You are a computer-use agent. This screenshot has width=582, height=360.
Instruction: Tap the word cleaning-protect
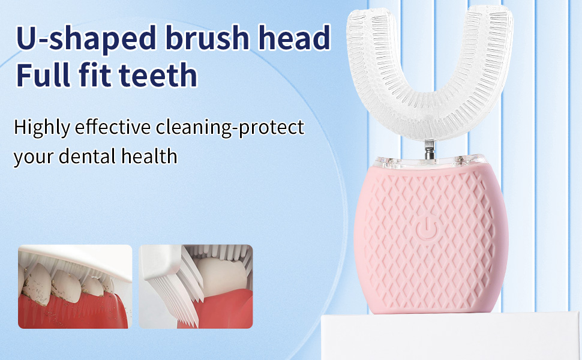(x=230, y=128)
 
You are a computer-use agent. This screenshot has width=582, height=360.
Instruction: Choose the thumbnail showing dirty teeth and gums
(x=75, y=286)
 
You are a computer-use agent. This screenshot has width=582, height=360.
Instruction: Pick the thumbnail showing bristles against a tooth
(x=196, y=286)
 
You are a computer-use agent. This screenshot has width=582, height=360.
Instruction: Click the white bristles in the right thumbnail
(x=171, y=294)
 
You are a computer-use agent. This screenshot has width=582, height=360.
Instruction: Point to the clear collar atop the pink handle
(x=430, y=161)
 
